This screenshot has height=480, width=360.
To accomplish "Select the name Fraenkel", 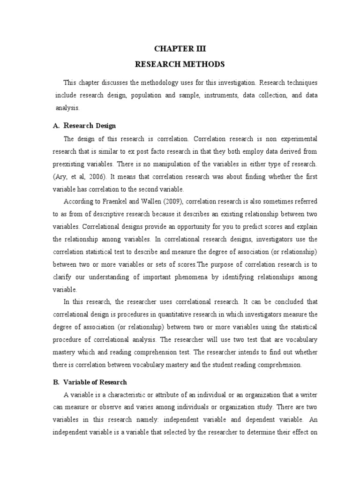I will (112, 201).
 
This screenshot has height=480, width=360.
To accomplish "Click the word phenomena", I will (191, 277).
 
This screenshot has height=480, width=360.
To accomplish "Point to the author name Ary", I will (63, 176).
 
